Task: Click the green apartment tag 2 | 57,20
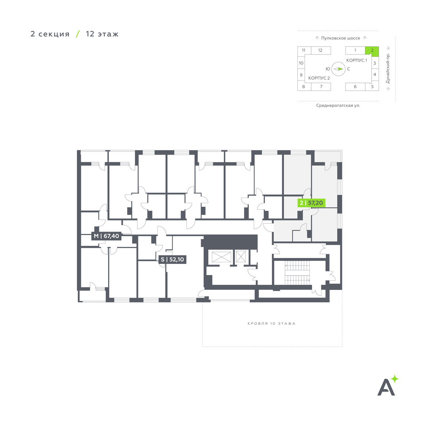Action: click(311, 203)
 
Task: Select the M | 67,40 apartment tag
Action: click(106, 236)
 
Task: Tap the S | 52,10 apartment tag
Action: click(172, 260)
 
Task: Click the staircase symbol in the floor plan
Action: click(297, 273)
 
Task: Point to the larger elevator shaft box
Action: click(221, 257)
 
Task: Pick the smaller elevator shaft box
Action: click(241, 257)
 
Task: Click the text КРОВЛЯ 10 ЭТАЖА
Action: click(271, 323)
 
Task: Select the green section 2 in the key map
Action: click(372, 50)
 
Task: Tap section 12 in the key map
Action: click(321, 50)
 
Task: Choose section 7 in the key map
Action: click(321, 87)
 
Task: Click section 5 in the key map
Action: click(372, 87)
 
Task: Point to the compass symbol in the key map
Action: click(338, 69)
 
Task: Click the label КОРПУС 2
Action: click(319, 78)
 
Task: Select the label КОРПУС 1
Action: click(357, 60)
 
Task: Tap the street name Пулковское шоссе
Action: click(340, 38)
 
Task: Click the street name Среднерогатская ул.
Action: click(338, 105)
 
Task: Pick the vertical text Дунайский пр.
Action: click(388, 69)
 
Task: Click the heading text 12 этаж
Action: click(102, 34)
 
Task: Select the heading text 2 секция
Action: click(50, 34)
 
